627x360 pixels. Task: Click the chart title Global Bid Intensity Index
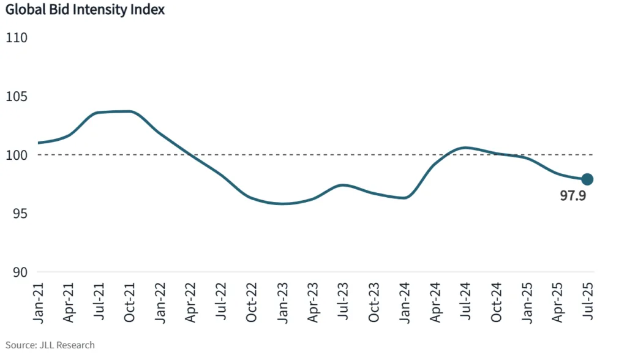tap(84, 10)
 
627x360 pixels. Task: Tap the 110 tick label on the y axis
tap(17, 38)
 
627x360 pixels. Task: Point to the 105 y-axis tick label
tap(17, 97)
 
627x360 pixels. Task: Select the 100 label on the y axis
tap(17, 156)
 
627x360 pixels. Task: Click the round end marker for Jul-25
tap(587, 179)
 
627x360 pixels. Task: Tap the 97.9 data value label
tap(574, 197)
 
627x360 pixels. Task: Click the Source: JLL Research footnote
tap(50, 345)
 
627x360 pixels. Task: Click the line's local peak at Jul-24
tap(465, 148)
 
